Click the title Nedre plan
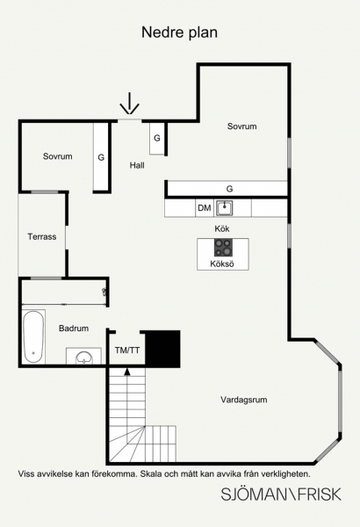click(179, 33)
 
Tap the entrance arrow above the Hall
click(129, 104)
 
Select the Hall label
click(137, 165)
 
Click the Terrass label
click(42, 236)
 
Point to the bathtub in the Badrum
click(33, 336)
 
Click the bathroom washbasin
click(83, 357)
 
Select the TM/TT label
click(127, 350)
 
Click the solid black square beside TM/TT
click(162, 349)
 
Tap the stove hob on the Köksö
click(223, 248)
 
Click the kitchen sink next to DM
click(224, 207)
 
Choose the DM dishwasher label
click(205, 208)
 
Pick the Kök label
click(222, 229)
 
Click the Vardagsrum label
click(244, 400)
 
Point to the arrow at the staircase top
click(127, 372)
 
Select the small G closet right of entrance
click(157, 138)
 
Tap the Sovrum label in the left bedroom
click(57, 156)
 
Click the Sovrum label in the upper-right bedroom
click(241, 126)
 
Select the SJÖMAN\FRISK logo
click(281, 495)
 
